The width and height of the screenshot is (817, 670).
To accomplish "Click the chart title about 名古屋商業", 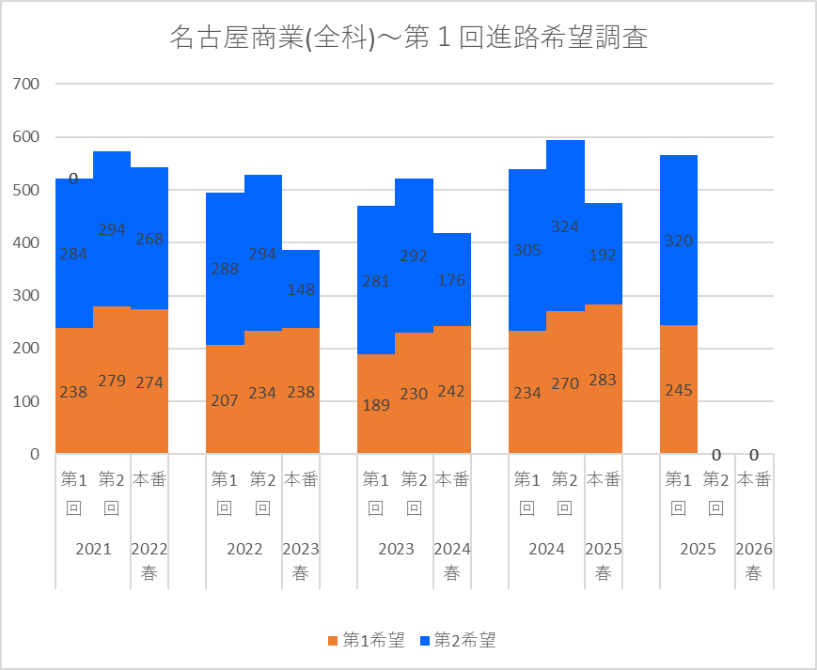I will tap(408, 39).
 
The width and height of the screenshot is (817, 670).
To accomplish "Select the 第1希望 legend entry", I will tap(367, 641).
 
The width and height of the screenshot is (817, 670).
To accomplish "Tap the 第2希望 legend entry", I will tap(458, 641).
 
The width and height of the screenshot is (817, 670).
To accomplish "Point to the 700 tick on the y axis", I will tap(26, 85).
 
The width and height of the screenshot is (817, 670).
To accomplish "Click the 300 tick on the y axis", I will tap(26, 296).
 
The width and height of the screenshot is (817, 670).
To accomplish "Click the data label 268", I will tap(149, 239).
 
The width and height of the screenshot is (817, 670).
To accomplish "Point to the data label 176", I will tap(452, 280).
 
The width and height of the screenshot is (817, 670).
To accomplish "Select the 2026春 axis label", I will tap(754, 561).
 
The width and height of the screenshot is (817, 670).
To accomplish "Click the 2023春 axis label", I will tap(301, 561).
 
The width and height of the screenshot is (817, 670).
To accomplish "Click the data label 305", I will tap(527, 250).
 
